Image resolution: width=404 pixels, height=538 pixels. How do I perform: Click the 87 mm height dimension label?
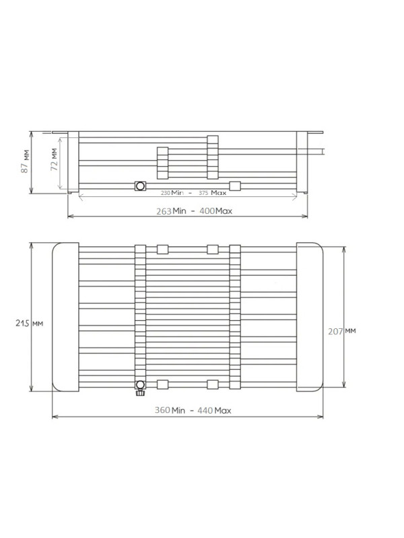tap(25, 161)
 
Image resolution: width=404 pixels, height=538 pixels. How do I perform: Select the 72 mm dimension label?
tap(54, 159)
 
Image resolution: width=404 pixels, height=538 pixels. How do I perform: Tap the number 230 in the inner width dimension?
tap(166, 193)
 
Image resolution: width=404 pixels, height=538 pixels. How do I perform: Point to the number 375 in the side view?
tap(203, 193)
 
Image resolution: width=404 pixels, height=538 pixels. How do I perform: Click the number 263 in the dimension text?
tap(164, 211)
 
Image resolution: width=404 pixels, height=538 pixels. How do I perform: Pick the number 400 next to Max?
tap(207, 211)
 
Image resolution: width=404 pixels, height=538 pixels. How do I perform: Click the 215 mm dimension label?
tap(30, 323)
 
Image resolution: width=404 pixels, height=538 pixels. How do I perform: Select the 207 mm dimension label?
tap(342, 331)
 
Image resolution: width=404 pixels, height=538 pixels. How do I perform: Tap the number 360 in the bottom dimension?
tap(162, 410)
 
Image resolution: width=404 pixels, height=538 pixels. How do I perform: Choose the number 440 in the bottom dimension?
tap(205, 410)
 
